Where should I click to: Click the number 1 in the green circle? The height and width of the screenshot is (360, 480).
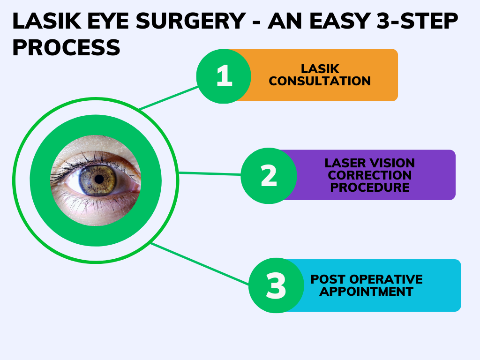(225, 75)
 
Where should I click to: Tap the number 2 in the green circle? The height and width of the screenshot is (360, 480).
(269, 175)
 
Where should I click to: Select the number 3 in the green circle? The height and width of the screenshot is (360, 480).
(276, 285)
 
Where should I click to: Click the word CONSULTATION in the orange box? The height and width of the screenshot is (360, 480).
(320, 81)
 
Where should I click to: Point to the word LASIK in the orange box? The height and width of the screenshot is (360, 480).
(320, 69)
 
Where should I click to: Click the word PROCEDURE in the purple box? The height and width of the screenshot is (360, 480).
(370, 187)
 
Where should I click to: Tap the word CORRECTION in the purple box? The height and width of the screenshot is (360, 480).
(370, 175)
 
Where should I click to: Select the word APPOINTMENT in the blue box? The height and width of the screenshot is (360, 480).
(367, 291)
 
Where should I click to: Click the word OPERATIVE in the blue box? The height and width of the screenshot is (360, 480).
(386, 279)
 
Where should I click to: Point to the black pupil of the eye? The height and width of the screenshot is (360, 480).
(99, 180)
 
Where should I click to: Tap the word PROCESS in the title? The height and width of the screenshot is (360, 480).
(66, 47)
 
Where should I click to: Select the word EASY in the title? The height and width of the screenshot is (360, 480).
(340, 21)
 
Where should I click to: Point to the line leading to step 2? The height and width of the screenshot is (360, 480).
(210, 173)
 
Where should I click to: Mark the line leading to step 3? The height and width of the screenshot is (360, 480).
(200, 264)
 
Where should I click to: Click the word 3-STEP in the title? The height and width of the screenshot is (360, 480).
(417, 21)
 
